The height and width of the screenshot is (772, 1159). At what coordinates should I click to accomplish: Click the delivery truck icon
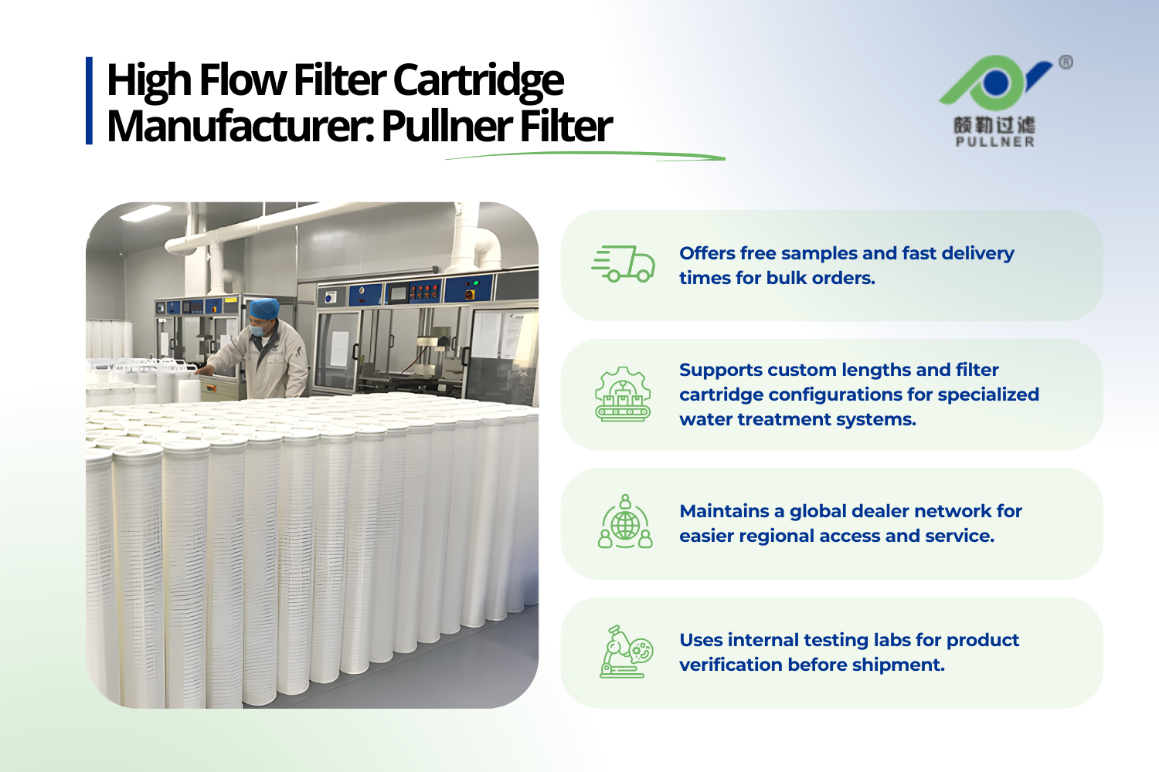pos(624,265)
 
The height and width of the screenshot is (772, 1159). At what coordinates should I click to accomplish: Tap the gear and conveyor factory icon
pos(623,394)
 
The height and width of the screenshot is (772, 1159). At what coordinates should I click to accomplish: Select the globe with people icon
pos(625,523)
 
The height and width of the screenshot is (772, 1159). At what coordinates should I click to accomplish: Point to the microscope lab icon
pos(626,652)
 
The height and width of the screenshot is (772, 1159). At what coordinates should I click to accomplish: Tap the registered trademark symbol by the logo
pos(1066,63)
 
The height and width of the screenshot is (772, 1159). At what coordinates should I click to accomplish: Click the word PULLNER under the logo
pos(994,142)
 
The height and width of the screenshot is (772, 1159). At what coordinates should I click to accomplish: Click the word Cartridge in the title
pos(478,80)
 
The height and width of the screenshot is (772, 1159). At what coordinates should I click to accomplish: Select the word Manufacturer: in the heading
pos(240,127)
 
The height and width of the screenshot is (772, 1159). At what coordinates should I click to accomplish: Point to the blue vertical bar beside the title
pos(90,100)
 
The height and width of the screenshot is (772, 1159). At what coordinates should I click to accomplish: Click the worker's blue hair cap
pos(263,309)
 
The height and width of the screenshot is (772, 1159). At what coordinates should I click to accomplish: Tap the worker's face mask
pos(259,330)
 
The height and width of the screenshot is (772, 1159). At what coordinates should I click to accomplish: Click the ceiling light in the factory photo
pos(144,212)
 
